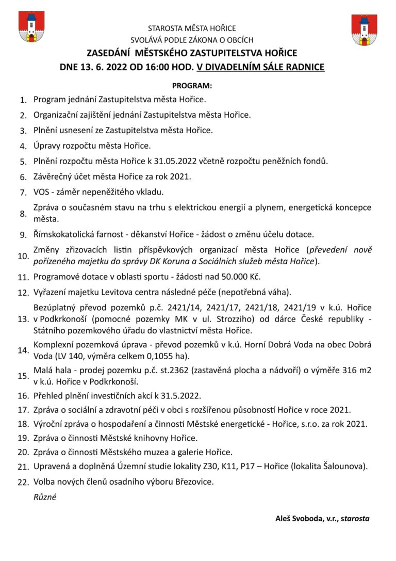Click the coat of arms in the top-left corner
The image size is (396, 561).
click(x=31, y=27)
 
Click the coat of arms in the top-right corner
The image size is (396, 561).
click(x=364, y=30)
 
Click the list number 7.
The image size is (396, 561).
click(x=23, y=193)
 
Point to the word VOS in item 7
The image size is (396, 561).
click(x=42, y=192)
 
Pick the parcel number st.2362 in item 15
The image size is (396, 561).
click(x=175, y=371)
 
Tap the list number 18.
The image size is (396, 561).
click(x=23, y=425)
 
